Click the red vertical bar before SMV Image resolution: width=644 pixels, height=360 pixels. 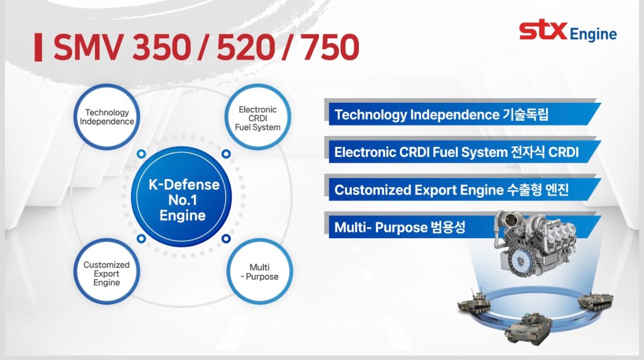tap(38, 48)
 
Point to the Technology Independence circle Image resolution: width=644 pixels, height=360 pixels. tap(107, 117)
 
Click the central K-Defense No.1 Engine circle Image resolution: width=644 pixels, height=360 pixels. tap(184, 199)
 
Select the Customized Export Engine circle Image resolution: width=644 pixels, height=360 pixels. tap(107, 273)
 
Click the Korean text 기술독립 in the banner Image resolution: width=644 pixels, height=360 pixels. tap(524, 115)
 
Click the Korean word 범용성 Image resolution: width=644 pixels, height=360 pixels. tap(446, 227)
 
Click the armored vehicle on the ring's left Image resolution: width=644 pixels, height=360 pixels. tap(473, 300)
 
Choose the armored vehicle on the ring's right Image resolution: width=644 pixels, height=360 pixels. tap(595, 299)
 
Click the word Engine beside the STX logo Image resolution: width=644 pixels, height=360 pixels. tap(593, 35)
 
